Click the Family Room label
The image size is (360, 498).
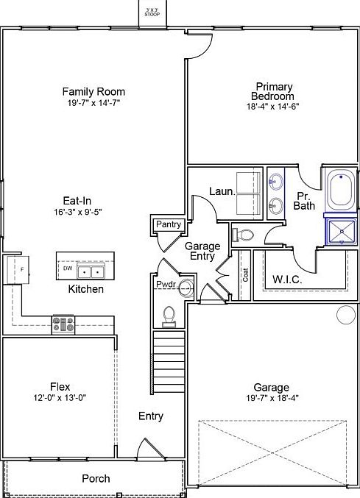(93, 92)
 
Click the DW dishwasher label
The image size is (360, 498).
(67, 268)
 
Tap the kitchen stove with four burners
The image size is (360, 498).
(63, 324)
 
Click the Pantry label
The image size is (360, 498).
(168, 224)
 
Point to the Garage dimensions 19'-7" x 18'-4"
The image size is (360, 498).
(271, 398)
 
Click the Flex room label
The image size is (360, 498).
(60, 387)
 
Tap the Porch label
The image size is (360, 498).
(96, 478)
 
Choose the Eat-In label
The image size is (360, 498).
(77, 199)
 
